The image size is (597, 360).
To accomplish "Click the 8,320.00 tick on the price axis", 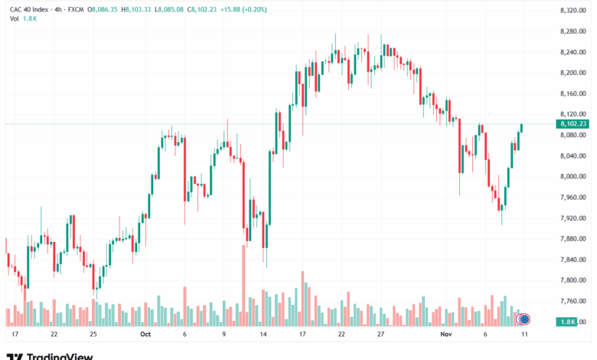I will pyautogui.click(x=573, y=10).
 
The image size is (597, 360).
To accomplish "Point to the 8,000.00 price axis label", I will pyautogui.click(x=573, y=177).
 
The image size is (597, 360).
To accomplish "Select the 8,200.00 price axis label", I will pyautogui.click(x=573, y=73).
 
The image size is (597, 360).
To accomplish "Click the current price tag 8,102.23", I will pyautogui.click(x=573, y=124).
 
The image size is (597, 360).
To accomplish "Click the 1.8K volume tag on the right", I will pyautogui.click(x=567, y=322).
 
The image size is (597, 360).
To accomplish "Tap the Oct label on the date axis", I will pyautogui.click(x=145, y=334).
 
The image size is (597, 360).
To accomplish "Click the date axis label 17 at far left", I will pyautogui.click(x=15, y=334).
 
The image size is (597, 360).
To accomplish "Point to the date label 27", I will pyautogui.click(x=381, y=334).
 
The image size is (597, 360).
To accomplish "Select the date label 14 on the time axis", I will pyautogui.click(x=263, y=334).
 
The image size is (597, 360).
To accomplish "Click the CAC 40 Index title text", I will pyautogui.click(x=31, y=9).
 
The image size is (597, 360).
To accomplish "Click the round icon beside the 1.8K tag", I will pyautogui.click(x=524, y=319).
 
